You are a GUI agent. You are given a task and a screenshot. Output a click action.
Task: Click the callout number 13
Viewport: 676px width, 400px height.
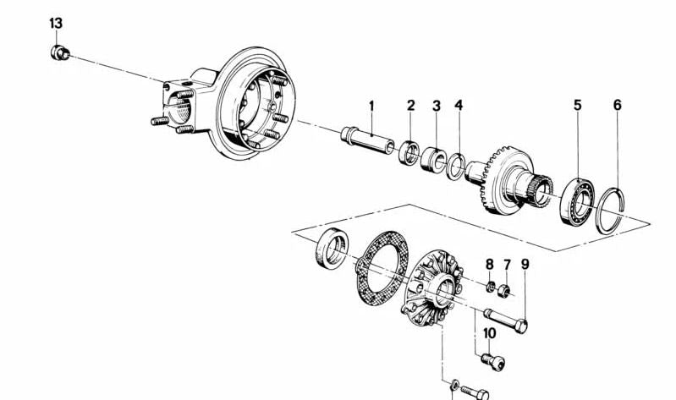pos(56,23)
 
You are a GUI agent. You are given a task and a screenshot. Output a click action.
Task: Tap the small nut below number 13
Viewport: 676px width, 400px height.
pos(58,54)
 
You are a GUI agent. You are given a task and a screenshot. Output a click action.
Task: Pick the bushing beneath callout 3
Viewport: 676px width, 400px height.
pos(435,158)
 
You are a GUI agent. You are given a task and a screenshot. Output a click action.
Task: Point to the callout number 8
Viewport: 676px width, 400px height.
pos(489,265)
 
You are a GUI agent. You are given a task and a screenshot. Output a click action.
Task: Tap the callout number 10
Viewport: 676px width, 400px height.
pos(489,333)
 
